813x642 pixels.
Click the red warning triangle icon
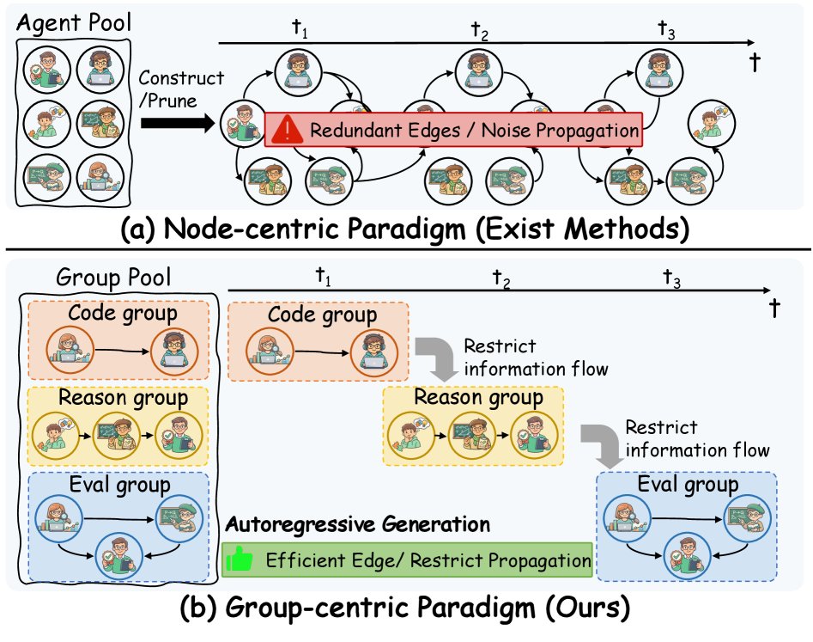288,131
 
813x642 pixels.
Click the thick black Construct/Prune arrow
175,124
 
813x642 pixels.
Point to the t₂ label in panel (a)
480,30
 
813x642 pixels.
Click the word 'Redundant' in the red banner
351,131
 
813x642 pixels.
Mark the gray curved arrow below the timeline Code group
435,358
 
